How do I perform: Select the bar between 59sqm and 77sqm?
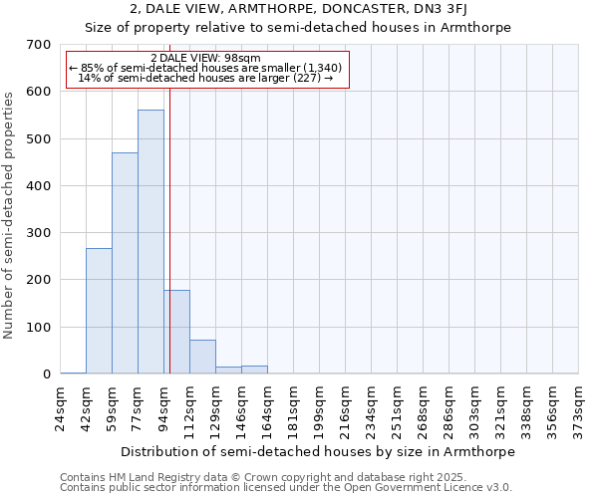point(125,263)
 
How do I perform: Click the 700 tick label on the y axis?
point(39,45)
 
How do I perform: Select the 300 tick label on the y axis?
point(39,233)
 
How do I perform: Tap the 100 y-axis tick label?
point(39,327)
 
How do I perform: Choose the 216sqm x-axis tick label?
point(346,408)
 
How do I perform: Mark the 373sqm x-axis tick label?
point(579,408)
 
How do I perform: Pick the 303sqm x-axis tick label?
point(475,408)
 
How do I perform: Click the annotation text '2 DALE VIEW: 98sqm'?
point(205,58)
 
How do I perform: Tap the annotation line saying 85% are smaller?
point(205,68)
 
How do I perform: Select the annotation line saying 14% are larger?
point(205,78)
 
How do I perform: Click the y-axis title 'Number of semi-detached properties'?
point(11,215)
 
